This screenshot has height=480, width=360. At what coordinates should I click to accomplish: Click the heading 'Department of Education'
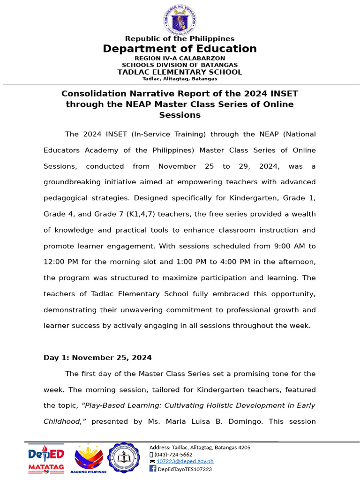(x=180, y=49)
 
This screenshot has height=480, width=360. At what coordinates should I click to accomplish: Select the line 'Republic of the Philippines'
(x=180, y=38)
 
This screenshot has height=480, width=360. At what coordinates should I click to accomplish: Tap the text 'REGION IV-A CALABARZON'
(x=180, y=58)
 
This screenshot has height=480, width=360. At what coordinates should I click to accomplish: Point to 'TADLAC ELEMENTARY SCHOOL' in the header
(x=180, y=72)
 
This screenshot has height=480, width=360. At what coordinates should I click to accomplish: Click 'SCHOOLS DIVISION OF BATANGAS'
(x=180, y=65)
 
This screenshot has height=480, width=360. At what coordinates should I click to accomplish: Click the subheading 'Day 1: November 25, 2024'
(x=97, y=358)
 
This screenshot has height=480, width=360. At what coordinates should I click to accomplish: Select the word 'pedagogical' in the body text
(x=65, y=198)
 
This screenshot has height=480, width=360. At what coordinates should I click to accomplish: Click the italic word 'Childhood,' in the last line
(x=64, y=421)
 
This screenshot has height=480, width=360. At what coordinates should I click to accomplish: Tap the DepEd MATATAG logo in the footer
(x=45, y=458)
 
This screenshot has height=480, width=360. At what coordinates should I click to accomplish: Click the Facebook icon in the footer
(x=152, y=469)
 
